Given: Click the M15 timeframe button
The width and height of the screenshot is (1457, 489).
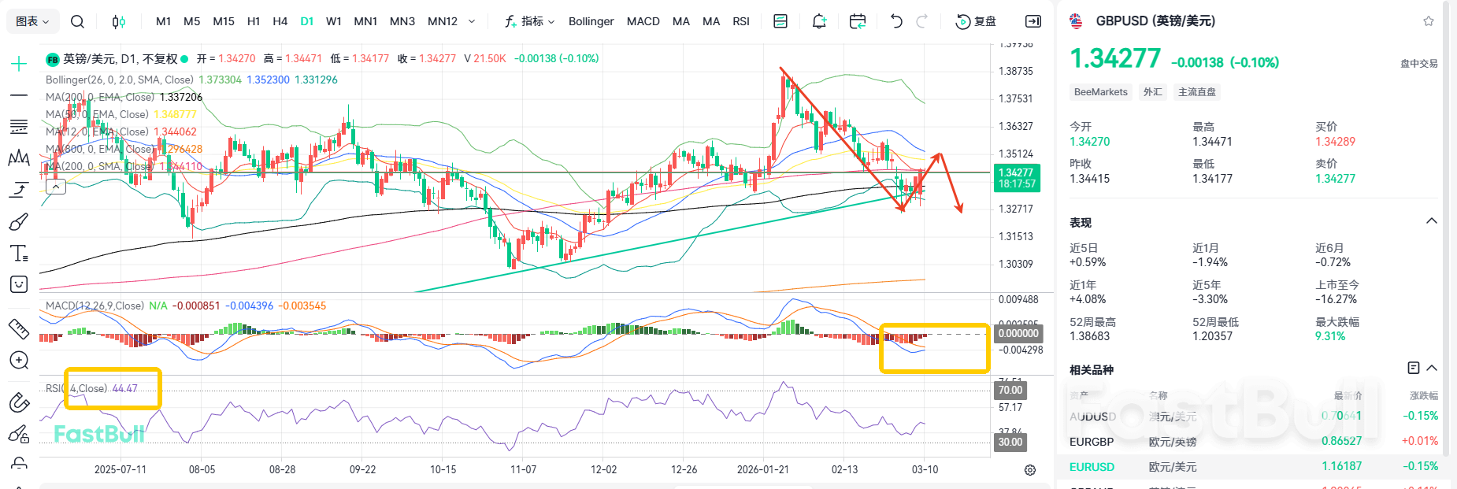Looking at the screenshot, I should (x=224, y=21).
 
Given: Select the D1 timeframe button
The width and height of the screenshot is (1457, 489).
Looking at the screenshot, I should (x=307, y=21).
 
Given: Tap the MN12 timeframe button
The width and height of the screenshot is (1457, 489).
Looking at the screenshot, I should (x=443, y=21).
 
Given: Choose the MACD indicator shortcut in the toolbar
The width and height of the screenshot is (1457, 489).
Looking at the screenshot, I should (x=643, y=21).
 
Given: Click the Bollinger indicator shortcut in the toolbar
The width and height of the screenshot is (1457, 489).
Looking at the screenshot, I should (x=591, y=21).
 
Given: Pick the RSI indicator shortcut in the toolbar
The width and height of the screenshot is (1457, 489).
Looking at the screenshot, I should (x=741, y=21).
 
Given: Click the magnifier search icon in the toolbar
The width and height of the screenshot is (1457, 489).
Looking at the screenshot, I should (x=77, y=21).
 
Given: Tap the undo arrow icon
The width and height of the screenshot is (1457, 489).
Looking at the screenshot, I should (x=896, y=21).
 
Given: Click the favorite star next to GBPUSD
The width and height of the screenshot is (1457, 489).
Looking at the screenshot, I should (x=1429, y=21).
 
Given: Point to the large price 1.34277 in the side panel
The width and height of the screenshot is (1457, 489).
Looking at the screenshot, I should (x=1115, y=58).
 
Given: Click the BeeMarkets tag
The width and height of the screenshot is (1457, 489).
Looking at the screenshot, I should (x=1100, y=92).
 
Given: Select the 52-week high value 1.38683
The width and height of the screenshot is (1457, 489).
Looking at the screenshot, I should (x=1089, y=336).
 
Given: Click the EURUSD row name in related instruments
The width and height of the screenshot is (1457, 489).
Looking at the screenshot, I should (x=1092, y=467).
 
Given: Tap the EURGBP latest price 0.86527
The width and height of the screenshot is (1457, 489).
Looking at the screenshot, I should (x=1341, y=441).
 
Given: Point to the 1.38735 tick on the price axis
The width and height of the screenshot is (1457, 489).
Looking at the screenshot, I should (x=1015, y=71).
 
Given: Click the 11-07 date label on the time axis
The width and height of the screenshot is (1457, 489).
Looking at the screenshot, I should (x=523, y=469).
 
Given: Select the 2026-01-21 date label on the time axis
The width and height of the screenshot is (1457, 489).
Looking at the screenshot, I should (x=762, y=469).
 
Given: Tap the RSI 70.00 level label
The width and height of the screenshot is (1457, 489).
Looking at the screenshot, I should (x=1010, y=390).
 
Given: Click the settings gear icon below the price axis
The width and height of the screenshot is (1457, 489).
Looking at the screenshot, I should (x=1030, y=470).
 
